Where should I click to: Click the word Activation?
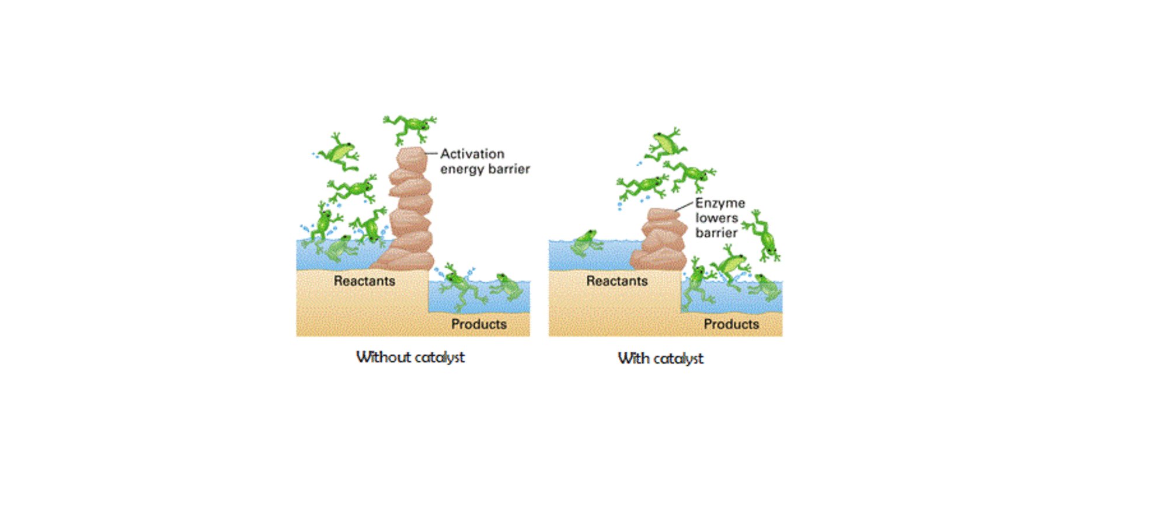[472, 154]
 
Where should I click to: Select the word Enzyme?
[720, 203]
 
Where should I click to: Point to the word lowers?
[716, 218]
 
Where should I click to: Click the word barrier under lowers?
[716, 233]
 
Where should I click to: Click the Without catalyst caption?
[410, 357]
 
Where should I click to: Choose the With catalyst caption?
[660, 358]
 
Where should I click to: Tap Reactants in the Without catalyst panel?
[364, 281]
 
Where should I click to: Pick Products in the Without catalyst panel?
[479, 324]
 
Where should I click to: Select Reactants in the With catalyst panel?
[617, 281]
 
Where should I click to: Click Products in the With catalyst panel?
[731, 324]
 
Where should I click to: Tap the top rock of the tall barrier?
[411, 158]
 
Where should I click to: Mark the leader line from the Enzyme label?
[684, 206]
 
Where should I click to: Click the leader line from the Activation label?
[431, 153]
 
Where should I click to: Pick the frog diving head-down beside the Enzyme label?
[764, 236]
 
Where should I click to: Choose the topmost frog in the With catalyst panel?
[666, 143]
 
